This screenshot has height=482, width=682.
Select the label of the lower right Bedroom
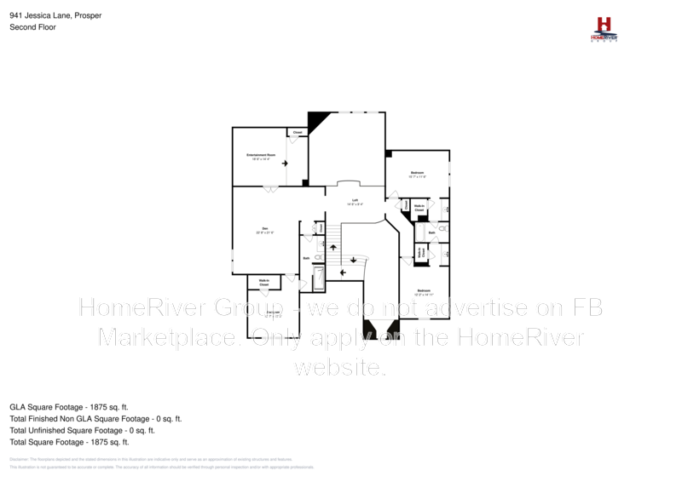coord(423,292)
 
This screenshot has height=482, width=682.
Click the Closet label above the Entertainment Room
coord(298,133)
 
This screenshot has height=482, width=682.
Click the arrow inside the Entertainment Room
coord(285,162)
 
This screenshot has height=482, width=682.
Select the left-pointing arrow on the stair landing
coord(343,273)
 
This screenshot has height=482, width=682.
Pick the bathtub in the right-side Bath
coord(443,228)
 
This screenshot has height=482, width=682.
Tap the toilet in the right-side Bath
coord(448,254)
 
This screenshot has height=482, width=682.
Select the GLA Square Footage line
coord(69,408)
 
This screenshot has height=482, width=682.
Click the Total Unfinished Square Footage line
coord(82,431)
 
